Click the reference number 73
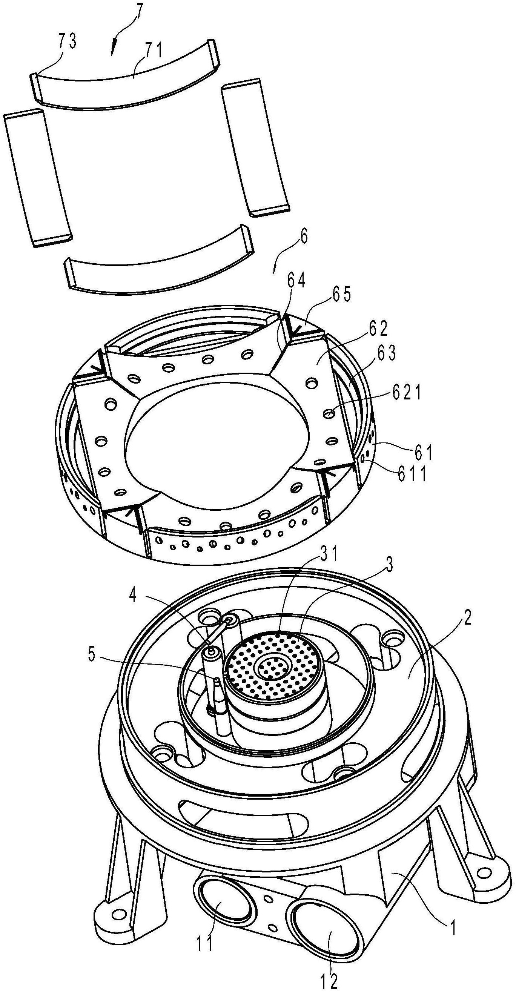click(x=67, y=42)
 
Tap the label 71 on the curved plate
click(x=153, y=50)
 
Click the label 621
click(x=407, y=393)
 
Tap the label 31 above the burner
click(x=328, y=555)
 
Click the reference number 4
click(x=132, y=596)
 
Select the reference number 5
click(x=91, y=656)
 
